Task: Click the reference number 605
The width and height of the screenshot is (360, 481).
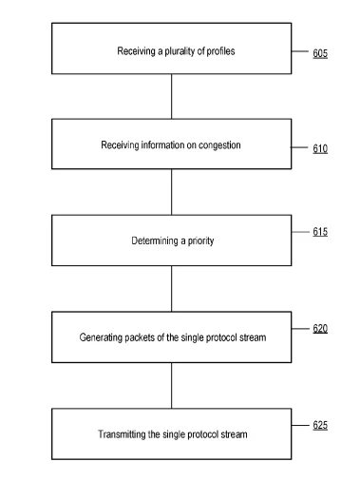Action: tap(320, 53)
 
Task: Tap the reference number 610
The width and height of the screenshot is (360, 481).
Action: tap(320, 148)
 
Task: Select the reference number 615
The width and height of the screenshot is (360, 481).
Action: tap(320, 232)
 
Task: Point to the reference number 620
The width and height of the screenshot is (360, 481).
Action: tap(320, 329)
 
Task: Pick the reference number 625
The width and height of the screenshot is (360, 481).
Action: tap(320, 425)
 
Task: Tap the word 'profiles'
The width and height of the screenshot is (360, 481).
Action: tap(220, 51)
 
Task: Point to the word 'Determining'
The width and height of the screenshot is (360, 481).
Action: tap(155, 240)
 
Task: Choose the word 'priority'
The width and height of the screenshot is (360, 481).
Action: tap(200, 241)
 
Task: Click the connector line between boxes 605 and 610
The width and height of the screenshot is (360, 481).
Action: tap(172, 97)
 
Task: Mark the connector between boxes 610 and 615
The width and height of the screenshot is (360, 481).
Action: tap(172, 192)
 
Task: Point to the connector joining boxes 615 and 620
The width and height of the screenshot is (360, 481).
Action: tap(172, 289)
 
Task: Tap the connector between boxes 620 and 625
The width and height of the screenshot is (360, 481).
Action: tap(172, 386)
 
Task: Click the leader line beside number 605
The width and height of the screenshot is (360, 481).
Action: tap(300, 51)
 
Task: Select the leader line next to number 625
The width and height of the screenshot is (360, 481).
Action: tap(300, 425)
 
